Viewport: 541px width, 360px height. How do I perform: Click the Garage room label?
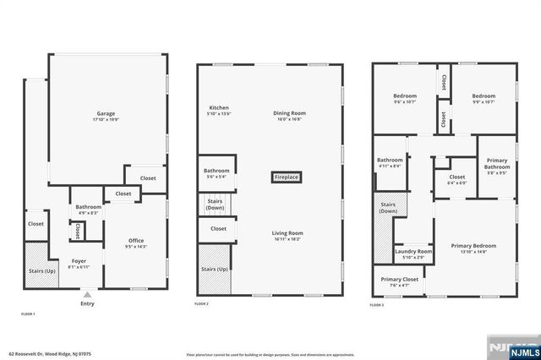pyautogui.click(x=106, y=114)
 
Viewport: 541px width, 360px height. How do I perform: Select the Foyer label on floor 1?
pyautogui.click(x=79, y=263)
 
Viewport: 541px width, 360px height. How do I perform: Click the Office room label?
pyautogui.click(x=135, y=243)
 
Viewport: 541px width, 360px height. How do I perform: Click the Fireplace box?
pyautogui.click(x=286, y=177)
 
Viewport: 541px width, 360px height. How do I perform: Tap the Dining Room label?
pyautogui.click(x=288, y=114)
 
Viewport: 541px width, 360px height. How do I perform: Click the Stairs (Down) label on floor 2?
pyautogui.click(x=213, y=206)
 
